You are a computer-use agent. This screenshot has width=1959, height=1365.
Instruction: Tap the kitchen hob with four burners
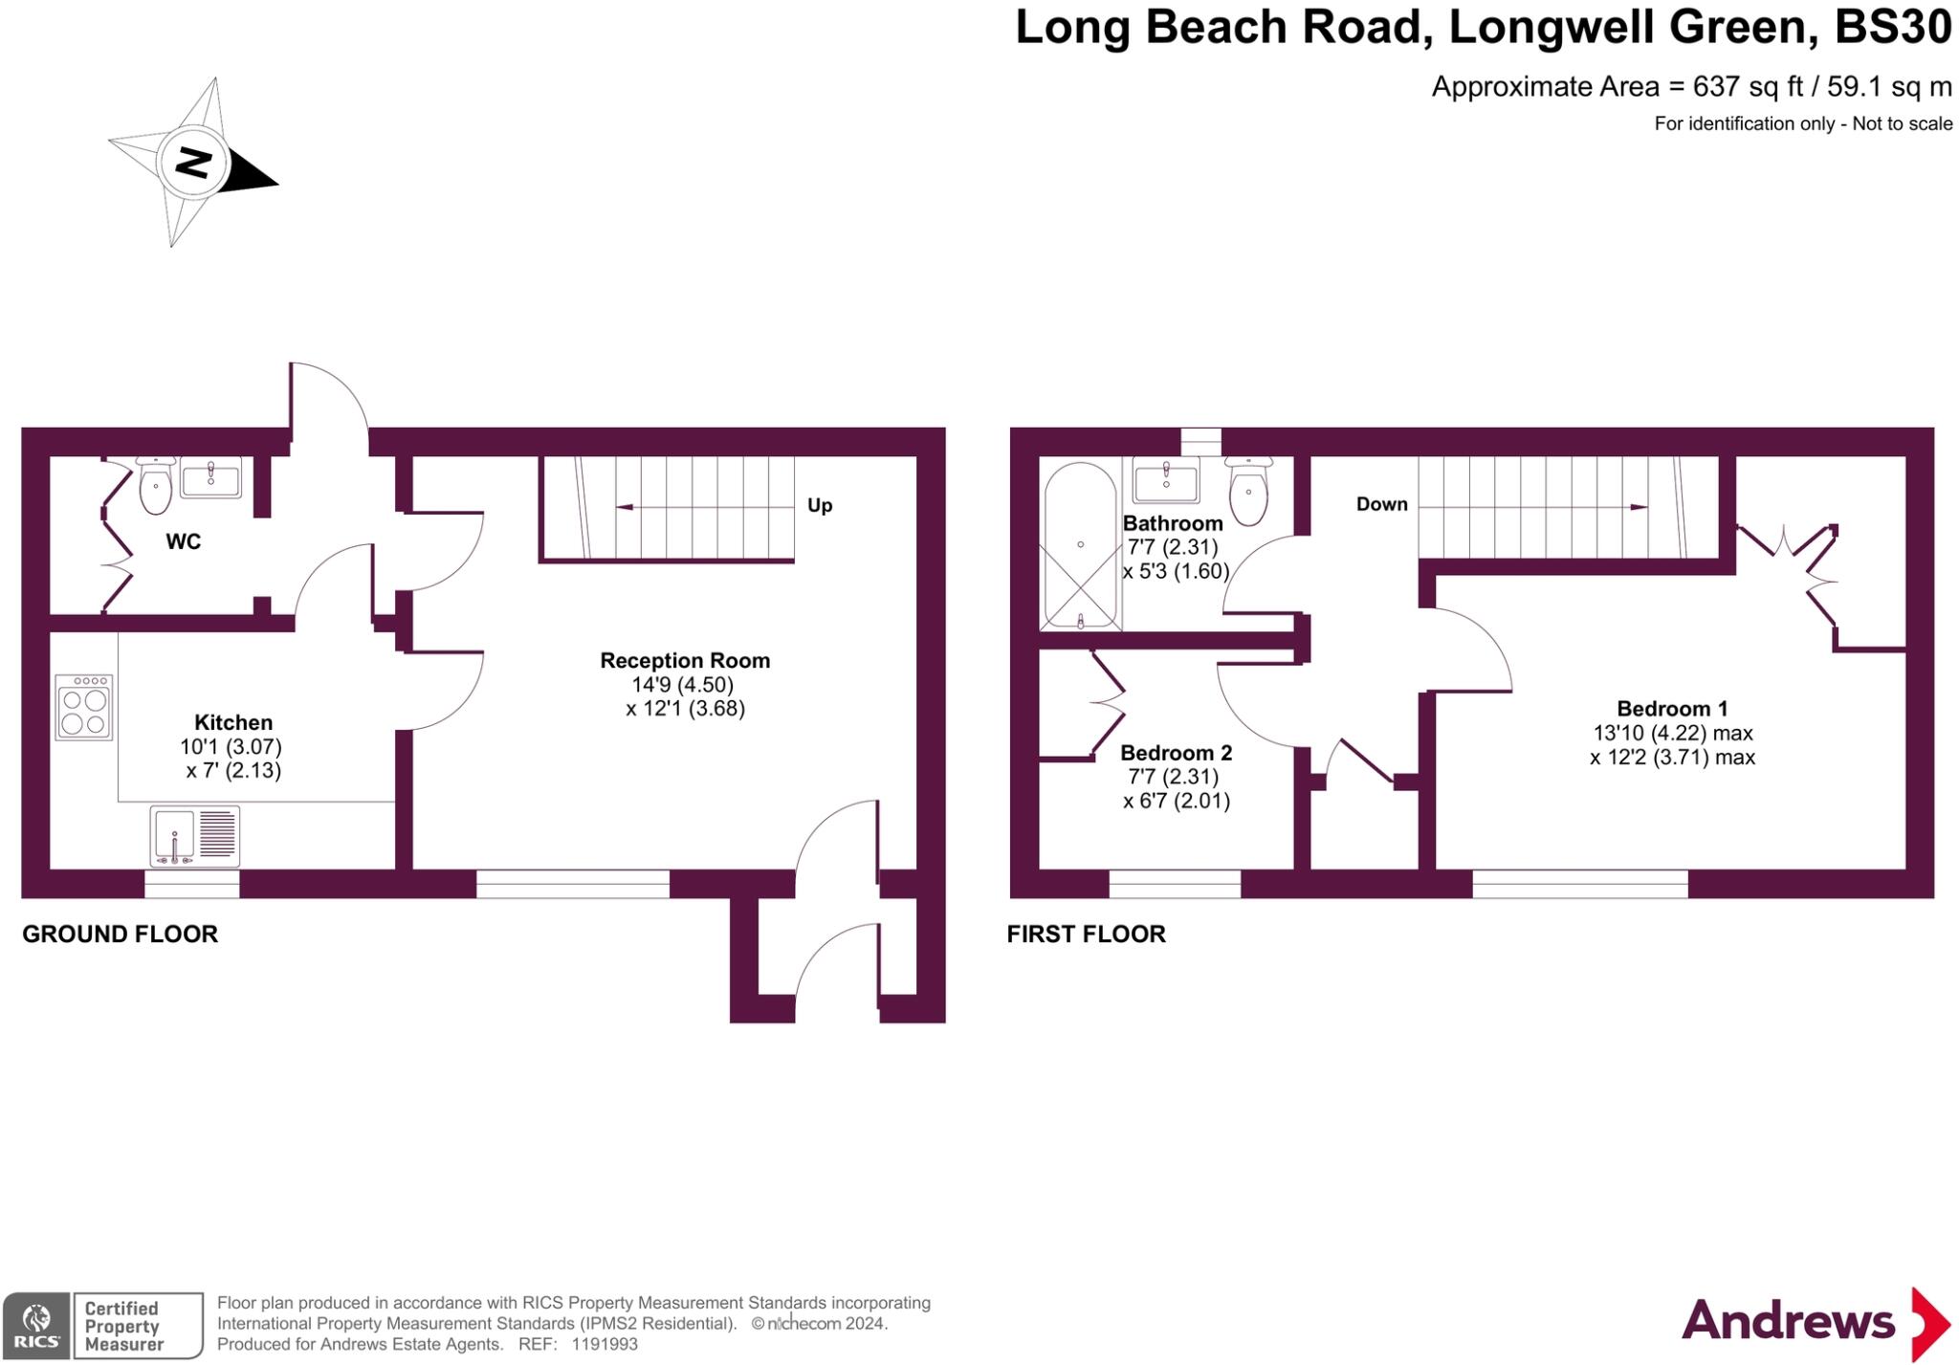[x=84, y=707]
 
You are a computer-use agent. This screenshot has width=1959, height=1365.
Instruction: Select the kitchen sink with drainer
[x=195, y=837]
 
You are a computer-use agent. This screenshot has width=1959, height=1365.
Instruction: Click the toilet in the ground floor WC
[x=155, y=485]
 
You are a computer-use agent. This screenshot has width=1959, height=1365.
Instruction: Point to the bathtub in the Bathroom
[x=1081, y=546]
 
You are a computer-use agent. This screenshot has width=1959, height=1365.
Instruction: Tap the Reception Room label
[x=685, y=660]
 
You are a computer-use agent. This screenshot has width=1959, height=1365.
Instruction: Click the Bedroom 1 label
[x=1672, y=709]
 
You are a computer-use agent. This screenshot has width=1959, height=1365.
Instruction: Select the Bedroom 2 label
[x=1177, y=753]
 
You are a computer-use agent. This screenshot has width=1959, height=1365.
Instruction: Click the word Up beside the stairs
[x=820, y=506]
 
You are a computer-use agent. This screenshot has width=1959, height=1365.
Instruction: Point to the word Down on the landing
[x=1382, y=504]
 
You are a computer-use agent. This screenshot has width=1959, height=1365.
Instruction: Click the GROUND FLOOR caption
[x=120, y=934]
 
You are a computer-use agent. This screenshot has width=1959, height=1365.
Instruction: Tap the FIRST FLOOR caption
[x=1087, y=934]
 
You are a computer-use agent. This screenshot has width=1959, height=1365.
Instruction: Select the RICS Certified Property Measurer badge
[x=103, y=1325]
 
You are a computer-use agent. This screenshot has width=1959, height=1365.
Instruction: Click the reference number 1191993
[x=605, y=1344]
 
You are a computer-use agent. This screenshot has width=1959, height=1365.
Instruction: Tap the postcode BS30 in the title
[x=1892, y=27]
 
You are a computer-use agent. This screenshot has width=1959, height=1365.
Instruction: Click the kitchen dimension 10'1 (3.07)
[x=231, y=746]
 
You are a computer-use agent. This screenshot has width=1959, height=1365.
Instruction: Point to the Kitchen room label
[x=233, y=722]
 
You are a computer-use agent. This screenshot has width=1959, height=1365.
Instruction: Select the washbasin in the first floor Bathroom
[x=1166, y=479]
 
